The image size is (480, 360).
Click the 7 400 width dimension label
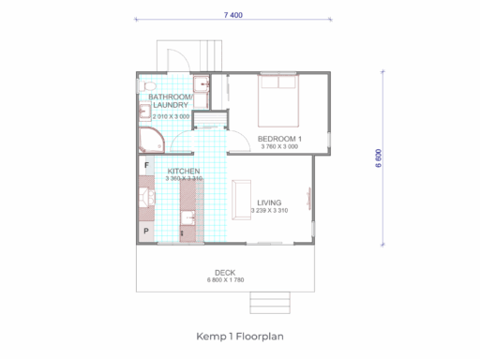pyautogui.click(x=233, y=15)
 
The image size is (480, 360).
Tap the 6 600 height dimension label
pyautogui.click(x=379, y=158)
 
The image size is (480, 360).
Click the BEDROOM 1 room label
pyautogui.click(x=279, y=139)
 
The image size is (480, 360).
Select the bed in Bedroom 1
pyautogui.click(x=278, y=100)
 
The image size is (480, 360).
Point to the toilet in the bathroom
pyautogui.click(x=147, y=85)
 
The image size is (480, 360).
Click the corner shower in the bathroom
pyautogui.click(x=151, y=140)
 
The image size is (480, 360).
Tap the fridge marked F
pyautogui.click(x=146, y=165)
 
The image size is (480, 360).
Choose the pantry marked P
pyautogui.click(x=146, y=232)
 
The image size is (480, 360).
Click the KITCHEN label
pyautogui.click(x=184, y=171)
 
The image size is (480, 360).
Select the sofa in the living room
pyautogui.click(x=241, y=200)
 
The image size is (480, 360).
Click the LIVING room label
pyautogui.click(x=269, y=202)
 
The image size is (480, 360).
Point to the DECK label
pyautogui.click(x=225, y=273)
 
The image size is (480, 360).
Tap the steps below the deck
pyautogui.click(x=270, y=303)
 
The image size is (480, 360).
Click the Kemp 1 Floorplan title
pyautogui.click(x=240, y=337)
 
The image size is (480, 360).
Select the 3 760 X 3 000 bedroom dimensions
pyautogui.click(x=279, y=146)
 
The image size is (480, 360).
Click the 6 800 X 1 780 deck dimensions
pyautogui.click(x=225, y=280)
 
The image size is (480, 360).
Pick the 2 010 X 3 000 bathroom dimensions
pyautogui.click(x=171, y=116)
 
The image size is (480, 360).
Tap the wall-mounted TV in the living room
pyautogui.click(x=308, y=197)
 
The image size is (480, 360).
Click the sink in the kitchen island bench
pyautogui.click(x=188, y=217)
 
